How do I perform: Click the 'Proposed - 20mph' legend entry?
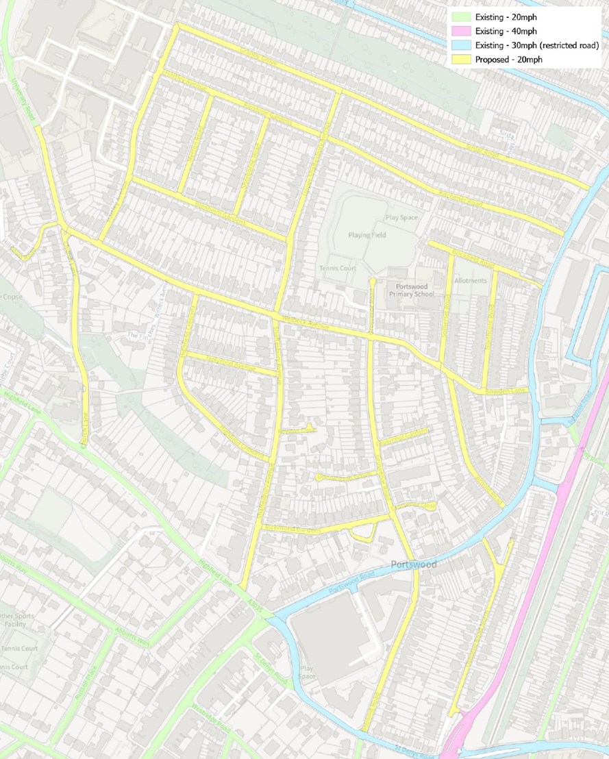click(x=506, y=60)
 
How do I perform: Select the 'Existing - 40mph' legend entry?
click(x=506, y=32)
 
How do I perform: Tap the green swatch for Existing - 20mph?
click(x=460, y=17)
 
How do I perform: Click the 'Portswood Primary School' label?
click(x=410, y=290)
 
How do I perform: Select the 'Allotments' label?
click(x=470, y=281)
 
